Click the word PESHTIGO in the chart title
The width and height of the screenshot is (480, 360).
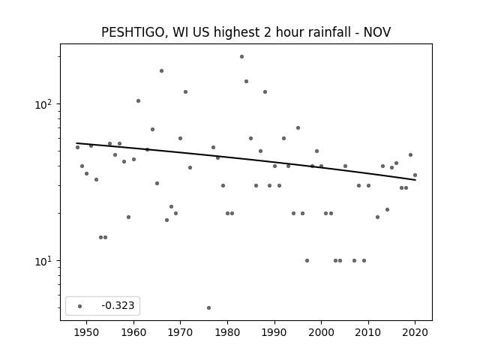pos(133,32)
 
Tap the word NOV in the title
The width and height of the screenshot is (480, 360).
pos(377,32)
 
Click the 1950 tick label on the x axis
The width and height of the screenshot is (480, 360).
pos(87,332)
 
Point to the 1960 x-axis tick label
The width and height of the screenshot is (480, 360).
pos(133,332)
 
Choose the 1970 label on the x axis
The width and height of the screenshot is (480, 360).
pos(180,332)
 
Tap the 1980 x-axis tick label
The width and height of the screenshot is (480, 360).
pos(227,332)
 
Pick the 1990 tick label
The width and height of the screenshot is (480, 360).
pos(274,332)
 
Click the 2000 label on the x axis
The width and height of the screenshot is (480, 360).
pos(321,332)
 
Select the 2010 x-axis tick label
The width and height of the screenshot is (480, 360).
pos(368,332)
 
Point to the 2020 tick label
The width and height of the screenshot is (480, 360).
pos(415,332)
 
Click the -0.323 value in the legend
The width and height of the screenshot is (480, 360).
pos(118,305)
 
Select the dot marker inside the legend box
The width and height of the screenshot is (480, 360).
pos(80,306)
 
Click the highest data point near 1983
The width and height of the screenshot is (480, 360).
pos(241,57)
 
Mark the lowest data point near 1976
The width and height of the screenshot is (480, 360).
pos(208,307)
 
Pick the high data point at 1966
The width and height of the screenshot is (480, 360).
pos(162,70)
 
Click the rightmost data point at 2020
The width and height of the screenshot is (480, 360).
pos(415,175)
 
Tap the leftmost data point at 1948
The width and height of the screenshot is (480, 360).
pos(77,147)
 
